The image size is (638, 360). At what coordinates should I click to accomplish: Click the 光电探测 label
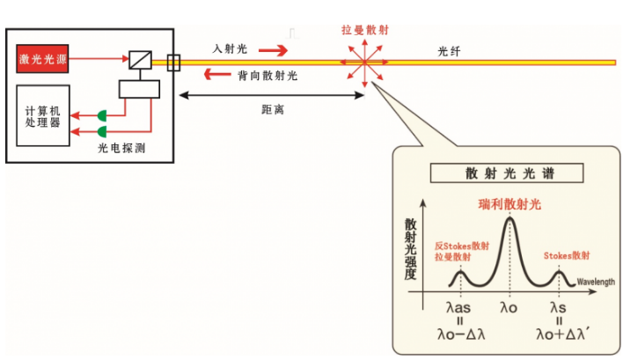pos(121,148)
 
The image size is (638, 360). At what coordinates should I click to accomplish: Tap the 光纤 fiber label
pos(450,51)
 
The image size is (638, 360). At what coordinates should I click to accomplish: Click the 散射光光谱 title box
pos(503,173)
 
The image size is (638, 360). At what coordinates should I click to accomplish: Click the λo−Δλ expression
pos(461,334)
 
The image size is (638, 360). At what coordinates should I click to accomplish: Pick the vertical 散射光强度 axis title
pos(410,246)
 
